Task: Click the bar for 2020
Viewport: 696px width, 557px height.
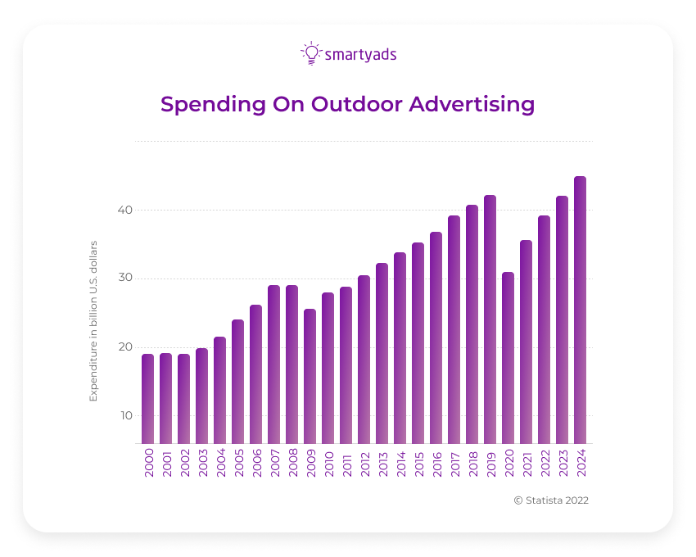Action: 508,358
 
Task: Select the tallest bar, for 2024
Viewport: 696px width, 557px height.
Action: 580,310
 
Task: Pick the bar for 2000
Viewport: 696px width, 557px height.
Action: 147,399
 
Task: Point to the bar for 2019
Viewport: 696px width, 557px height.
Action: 490,319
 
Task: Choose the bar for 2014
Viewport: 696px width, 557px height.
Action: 400,348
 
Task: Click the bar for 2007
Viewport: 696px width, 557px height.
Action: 273,365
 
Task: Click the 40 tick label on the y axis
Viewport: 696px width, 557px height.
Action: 124,210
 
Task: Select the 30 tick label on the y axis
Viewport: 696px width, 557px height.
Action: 124,278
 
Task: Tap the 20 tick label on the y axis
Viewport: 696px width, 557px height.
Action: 124,346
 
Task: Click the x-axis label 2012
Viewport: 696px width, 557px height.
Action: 364,464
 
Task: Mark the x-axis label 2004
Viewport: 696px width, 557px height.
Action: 220,464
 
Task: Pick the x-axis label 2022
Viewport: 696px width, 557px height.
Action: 545,464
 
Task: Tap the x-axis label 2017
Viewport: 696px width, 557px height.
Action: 454,464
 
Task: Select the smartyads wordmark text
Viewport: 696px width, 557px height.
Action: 360,55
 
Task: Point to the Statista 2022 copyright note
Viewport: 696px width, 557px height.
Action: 550,500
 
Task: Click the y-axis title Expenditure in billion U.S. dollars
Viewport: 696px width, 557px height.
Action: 93,321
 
